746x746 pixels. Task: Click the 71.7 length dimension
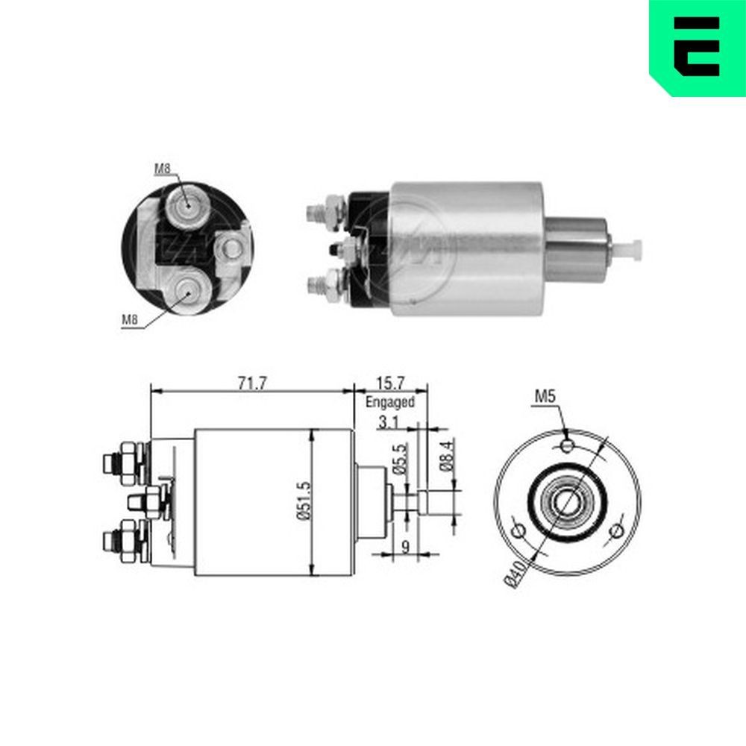(251, 383)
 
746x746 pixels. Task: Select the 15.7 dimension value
(389, 383)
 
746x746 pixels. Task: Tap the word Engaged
(389, 401)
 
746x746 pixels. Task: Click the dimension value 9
(404, 547)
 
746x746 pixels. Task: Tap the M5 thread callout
(544, 398)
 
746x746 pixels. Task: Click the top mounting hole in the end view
(568, 446)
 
